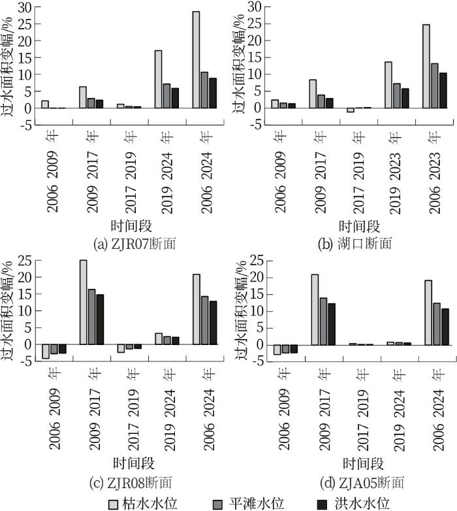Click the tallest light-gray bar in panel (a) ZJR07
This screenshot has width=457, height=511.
(196, 59)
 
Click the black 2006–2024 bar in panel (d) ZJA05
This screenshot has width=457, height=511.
(445, 326)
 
